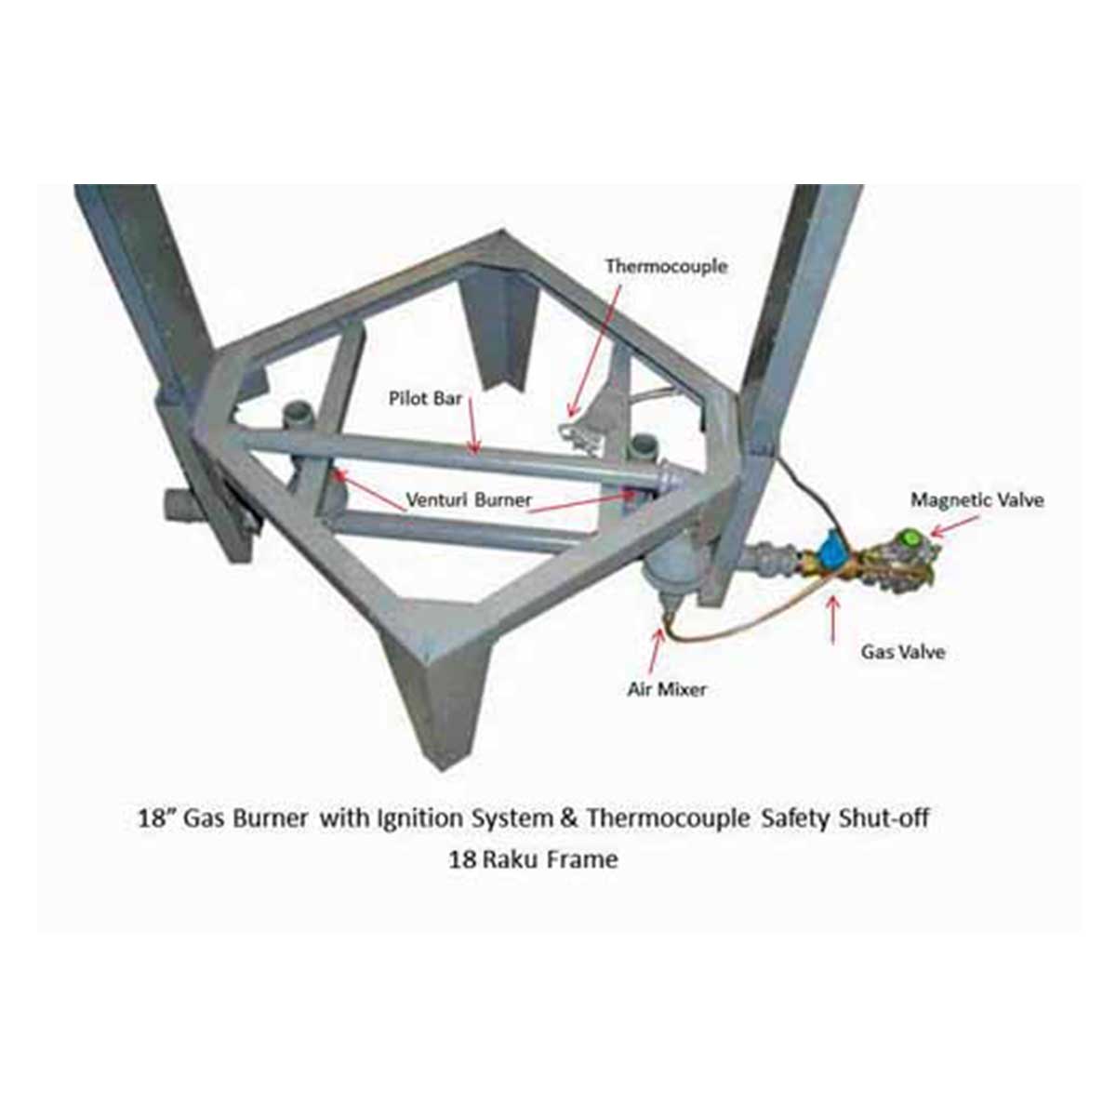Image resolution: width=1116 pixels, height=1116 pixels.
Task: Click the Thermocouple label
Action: tap(666, 267)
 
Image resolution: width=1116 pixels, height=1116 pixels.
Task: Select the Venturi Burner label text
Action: tap(468, 500)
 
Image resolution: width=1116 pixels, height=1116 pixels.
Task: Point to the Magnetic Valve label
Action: tap(977, 500)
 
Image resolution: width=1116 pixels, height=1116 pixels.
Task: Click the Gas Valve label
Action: tap(903, 652)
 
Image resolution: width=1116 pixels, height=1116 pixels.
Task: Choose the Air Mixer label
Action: tap(667, 690)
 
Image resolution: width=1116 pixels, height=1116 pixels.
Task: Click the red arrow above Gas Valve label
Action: tap(834, 620)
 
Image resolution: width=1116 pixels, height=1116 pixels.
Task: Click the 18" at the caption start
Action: tap(153, 819)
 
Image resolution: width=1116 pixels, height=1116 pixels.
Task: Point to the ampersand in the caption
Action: tap(570, 819)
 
